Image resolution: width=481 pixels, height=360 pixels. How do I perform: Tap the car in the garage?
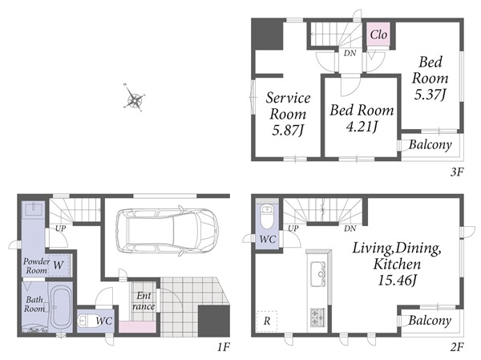168,230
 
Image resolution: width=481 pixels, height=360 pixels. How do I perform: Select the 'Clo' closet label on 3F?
378,34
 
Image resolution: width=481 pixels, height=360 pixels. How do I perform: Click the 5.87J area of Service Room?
288,130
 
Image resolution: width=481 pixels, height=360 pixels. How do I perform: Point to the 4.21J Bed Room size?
362,126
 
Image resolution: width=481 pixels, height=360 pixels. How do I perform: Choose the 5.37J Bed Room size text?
430,94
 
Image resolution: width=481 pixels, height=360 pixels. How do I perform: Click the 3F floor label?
457,172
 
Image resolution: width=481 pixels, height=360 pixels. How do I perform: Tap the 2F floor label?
457,347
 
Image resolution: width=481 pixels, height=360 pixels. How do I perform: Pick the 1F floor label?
224,347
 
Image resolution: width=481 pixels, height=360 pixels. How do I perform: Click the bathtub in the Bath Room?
60,308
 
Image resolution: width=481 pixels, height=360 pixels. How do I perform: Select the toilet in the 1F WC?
87,322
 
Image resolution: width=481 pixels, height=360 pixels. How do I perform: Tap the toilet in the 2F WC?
267,217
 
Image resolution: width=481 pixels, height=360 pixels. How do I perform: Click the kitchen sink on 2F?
317,273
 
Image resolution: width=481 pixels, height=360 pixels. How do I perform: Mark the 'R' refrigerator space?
267,321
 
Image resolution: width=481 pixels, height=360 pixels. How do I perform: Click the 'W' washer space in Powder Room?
59,265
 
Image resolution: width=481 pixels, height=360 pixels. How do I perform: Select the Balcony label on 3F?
430,144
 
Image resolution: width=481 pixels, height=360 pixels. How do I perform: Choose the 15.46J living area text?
397,280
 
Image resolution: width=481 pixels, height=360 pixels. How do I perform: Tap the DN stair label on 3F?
350,53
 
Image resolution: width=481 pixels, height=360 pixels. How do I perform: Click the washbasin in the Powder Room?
33,209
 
